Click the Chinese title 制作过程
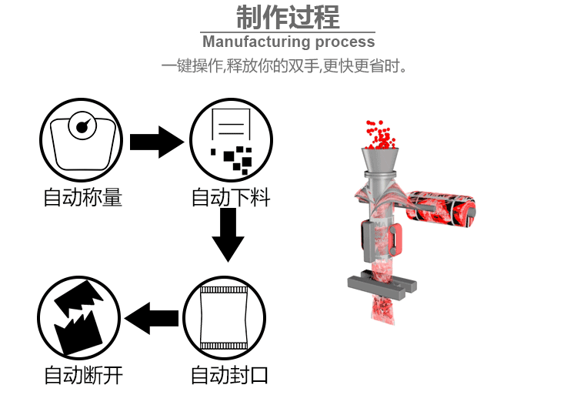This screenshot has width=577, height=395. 288,17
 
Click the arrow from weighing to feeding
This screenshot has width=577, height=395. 157,142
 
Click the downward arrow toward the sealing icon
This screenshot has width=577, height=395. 228,235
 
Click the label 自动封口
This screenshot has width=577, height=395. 229,376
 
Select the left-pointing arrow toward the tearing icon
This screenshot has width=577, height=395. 152,317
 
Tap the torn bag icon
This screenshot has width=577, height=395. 78,317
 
